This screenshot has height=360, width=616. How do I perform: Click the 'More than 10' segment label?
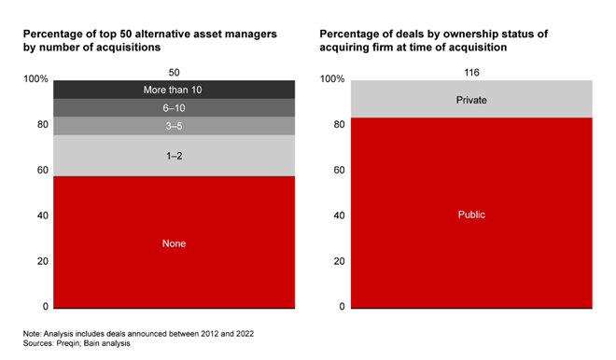pyautogui.click(x=173, y=90)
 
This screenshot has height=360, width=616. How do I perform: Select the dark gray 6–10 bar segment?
pyautogui.click(x=174, y=107)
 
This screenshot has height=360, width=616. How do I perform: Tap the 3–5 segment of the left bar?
pyautogui.click(x=174, y=126)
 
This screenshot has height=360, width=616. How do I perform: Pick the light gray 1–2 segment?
pyautogui.click(x=174, y=156)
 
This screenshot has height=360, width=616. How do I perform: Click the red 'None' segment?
pyautogui.click(x=174, y=242)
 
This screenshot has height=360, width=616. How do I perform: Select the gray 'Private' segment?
pyautogui.click(x=471, y=99)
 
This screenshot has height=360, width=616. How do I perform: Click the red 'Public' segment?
pyautogui.click(x=471, y=213)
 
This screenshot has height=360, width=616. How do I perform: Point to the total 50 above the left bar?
pyautogui.click(x=174, y=73)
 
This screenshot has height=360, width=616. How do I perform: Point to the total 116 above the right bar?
pyautogui.click(x=471, y=73)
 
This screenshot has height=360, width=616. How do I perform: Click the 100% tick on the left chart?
pyautogui.click(x=35, y=79)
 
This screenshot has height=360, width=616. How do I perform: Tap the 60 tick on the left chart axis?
pyautogui.click(x=43, y=170)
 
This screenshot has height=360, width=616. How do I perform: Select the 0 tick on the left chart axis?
pyautogui.click(x=46, y=307)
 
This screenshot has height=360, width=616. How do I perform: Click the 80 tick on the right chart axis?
pyautogui.click(x=340, y=124)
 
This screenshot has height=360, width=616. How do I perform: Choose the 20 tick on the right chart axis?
pyautogui.click(x=340, y=261)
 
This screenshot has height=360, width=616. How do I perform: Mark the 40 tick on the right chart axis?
pyautogui.click(x=340, y=215)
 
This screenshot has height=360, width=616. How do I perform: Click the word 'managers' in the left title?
pyautogui.click(x=254, y=35)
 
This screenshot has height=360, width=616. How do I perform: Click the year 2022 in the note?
pyautogui.click(x=245, y=334)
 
